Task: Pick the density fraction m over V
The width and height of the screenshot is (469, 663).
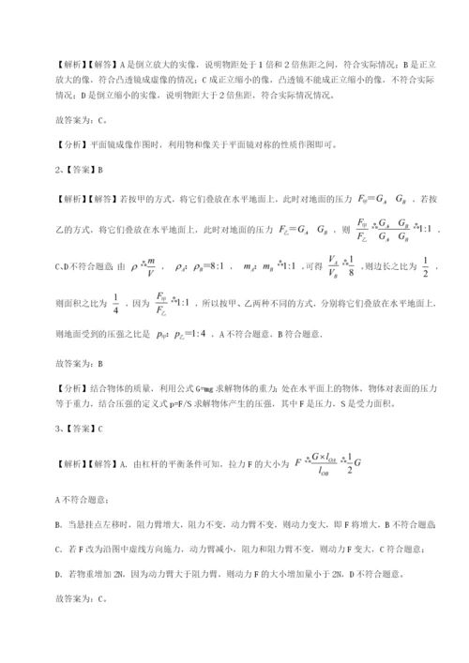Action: (x=150, y=268)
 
